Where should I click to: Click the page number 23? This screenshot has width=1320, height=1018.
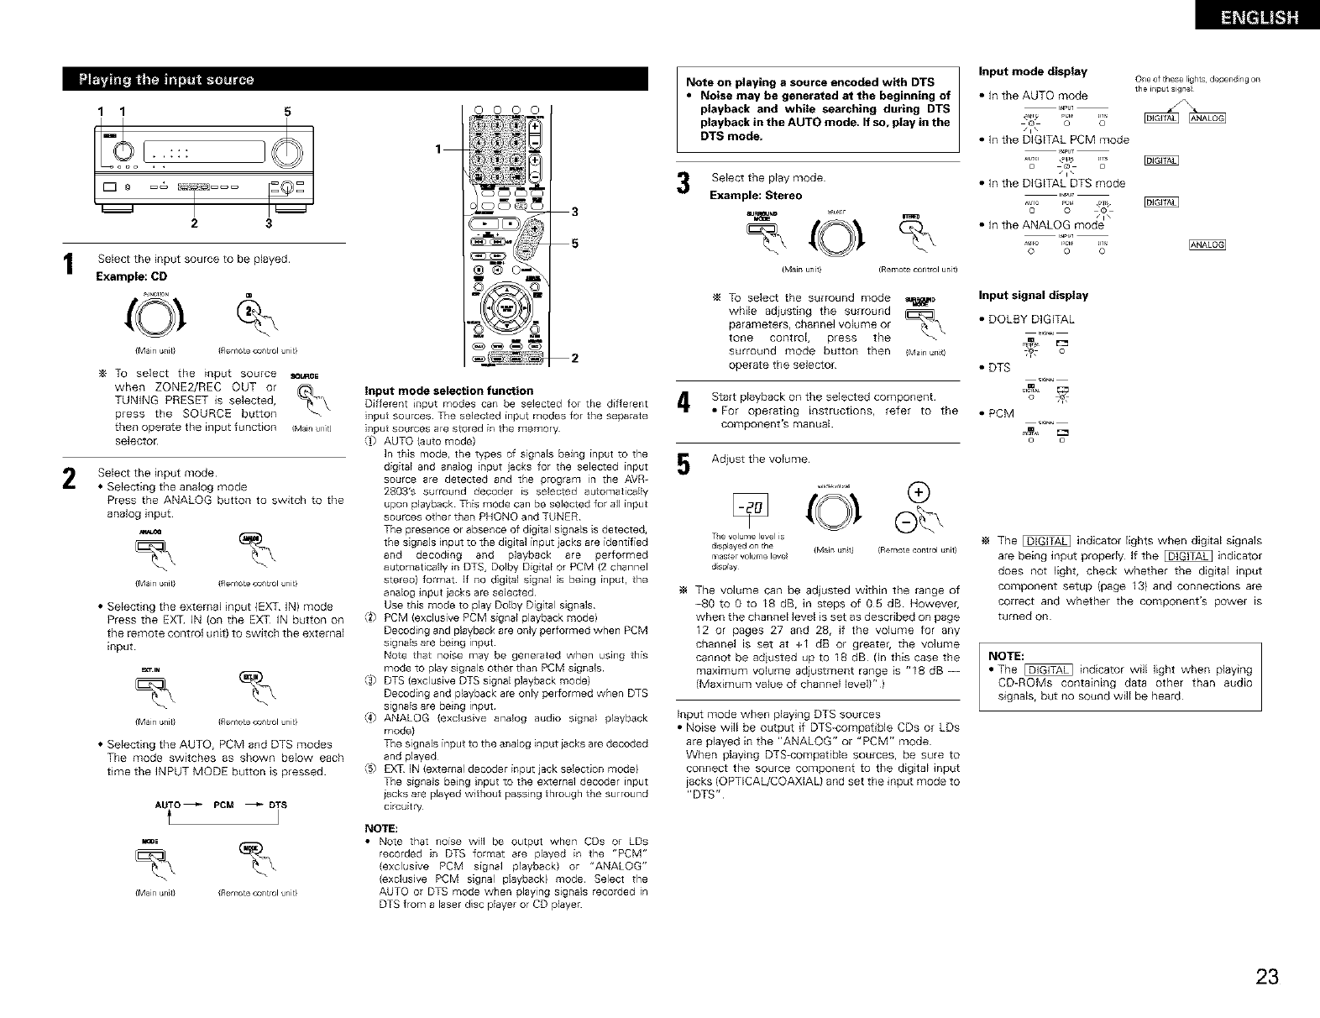pos(1267,977)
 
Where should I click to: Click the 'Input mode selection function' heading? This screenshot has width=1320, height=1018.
pos(448,391)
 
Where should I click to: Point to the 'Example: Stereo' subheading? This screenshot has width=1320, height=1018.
pos(756,196)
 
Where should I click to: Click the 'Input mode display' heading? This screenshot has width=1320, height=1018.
pos(1033,71)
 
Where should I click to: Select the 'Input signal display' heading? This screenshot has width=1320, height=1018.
pos(1033,296)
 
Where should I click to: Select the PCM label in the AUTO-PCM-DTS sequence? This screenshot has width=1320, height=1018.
pos(223,805)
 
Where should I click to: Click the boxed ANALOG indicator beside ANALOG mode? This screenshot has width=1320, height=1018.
pos(1207,245)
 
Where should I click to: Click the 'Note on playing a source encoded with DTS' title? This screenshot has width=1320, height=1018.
pos(809,82)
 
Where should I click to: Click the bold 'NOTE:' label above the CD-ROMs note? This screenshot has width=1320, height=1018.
pos(1004,656)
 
